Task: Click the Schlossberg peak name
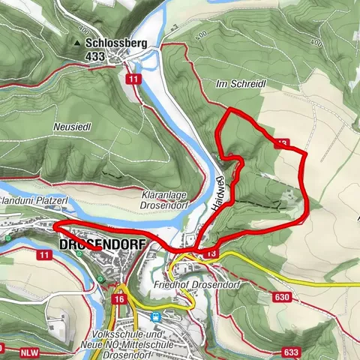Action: (115, 43)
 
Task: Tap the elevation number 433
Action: (94, 55)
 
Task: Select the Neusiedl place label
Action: (73, 127)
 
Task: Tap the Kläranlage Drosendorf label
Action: (163, 200)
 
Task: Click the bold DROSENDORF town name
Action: (94, 246)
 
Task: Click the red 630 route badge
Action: (282, 298)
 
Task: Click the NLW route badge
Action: (28, 349)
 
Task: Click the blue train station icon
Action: (156, 316)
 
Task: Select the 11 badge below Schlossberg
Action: (133, 78)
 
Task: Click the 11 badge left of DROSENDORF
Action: (44, 256)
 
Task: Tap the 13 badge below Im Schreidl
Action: (281, 142)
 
